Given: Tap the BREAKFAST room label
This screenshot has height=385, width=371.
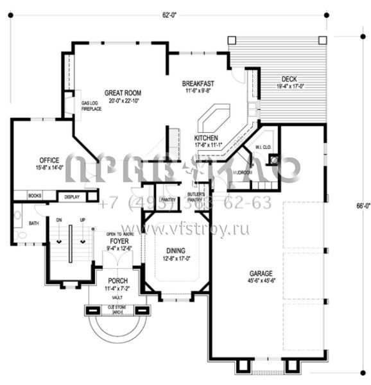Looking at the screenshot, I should (x=198, y=84).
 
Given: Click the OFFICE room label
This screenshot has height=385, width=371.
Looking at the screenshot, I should (x=49, y=160).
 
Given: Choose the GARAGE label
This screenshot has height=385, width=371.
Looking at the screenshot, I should (x=263, y=271).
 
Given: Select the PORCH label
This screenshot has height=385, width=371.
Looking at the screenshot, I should (x=117, y=281).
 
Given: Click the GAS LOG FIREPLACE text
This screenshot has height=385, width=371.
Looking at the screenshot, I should (x=91, y=106).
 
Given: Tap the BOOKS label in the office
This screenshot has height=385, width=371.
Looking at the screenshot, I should (x=35, y=196).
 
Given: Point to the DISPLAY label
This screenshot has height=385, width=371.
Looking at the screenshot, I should (x=73, y=196).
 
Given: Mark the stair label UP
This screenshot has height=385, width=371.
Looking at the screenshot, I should (x=82, y=219).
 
